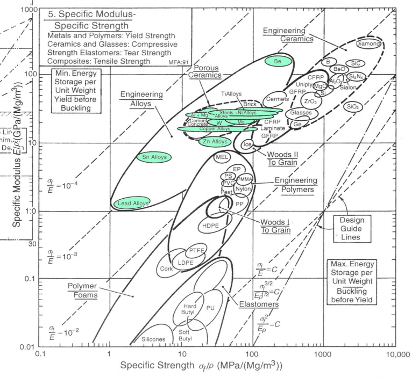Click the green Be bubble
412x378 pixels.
(x=278, y=62)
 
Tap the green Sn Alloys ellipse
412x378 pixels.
(x=154, y=157)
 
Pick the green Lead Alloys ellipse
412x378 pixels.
(x=131, y=203)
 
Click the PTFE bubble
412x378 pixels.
(x=195, y=251)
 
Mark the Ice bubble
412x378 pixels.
(x=247, y=144)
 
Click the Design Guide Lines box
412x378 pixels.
(x=352, y=228)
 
